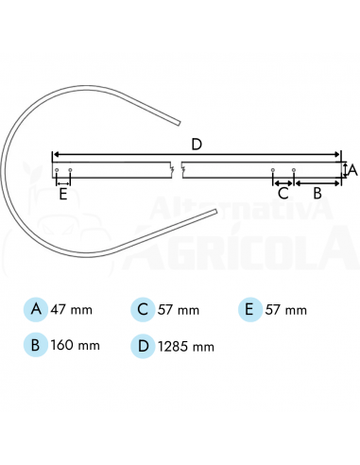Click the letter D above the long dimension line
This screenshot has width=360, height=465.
click(x=197, y=145)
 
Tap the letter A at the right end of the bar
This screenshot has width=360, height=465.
click(x=353, y=170)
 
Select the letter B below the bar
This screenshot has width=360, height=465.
click(x=317, y=193)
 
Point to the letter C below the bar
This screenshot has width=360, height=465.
click(x=283, y=193)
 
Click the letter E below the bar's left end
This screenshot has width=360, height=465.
click(x=63, y=194)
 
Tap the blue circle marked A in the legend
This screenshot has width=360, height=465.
click(x=36, y=309)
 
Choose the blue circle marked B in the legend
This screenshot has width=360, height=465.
click(x=36, y=345)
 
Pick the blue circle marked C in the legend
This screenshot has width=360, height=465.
click(x=143, y=310)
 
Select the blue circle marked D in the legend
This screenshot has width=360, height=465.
click(x=143, y=346)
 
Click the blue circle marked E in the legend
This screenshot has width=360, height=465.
click(x=249, y=310)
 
